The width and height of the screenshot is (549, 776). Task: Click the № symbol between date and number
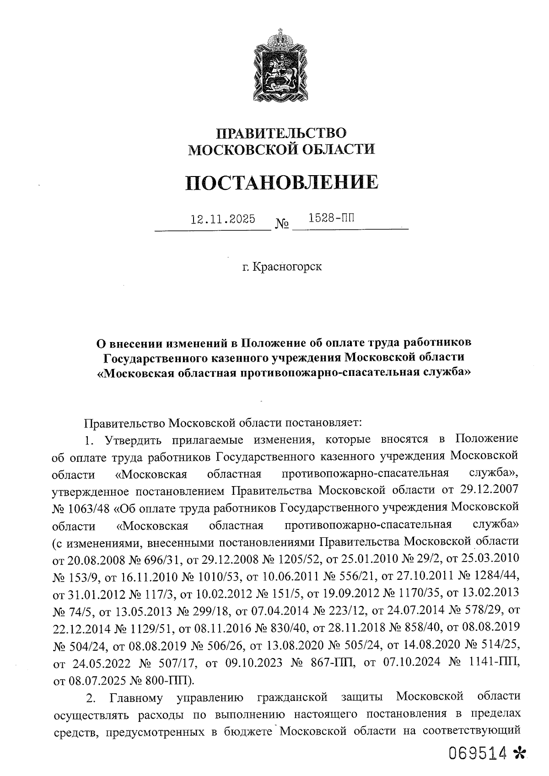click(282, 224)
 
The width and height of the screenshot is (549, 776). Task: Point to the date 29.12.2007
click(488, 490)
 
